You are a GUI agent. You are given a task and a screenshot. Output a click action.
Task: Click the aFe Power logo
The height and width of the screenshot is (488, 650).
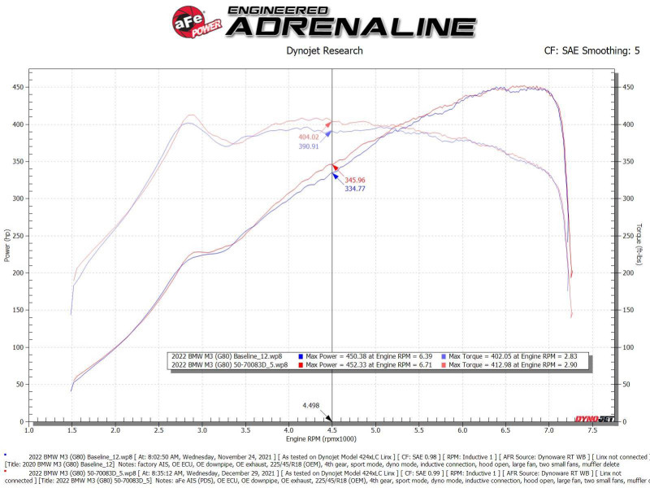[x=193, y=20]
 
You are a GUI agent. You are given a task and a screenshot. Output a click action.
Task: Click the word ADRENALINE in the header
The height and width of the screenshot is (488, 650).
[x=351, y=27]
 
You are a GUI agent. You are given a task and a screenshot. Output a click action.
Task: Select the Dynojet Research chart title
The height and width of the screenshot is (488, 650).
[x=324, y=50]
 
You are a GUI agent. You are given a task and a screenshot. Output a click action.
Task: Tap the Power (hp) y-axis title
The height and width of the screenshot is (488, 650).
[x=7, y=244]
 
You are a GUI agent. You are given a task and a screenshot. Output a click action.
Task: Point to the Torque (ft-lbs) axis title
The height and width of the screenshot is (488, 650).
[x=639, y=244]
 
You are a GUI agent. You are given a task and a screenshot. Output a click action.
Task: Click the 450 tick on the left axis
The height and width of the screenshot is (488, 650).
[x=18, y=87]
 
